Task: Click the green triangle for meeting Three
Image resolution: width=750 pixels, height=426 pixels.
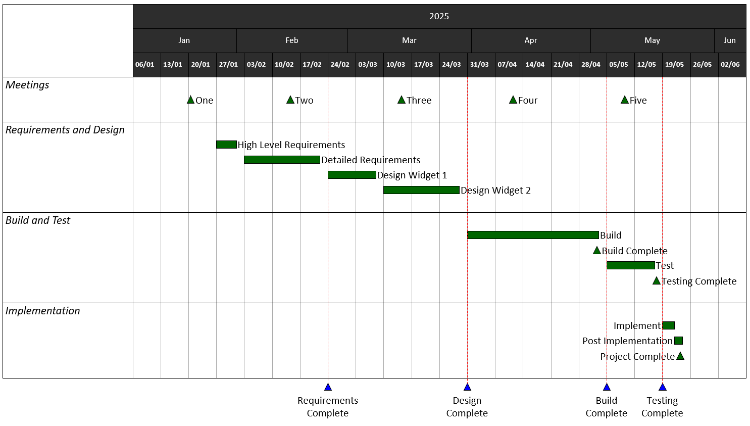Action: click(402, 100)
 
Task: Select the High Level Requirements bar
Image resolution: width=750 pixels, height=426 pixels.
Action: click(226, 145)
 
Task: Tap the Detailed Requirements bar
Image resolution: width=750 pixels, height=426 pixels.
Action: click(282, 160)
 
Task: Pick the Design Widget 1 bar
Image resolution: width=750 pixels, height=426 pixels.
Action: click(352, 175)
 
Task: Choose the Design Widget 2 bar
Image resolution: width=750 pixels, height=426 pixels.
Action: click(421, 190)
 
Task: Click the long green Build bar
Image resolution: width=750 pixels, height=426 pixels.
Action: click(533, 235)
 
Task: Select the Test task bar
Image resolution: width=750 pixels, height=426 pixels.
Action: click(630, 265)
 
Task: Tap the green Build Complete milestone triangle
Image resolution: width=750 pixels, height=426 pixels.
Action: click(597, 251)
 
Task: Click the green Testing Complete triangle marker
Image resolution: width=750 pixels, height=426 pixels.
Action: click(657, 281)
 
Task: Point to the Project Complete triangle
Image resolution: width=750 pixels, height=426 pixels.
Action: click(680, 356)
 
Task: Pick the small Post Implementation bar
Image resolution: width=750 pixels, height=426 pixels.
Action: click(678, 341)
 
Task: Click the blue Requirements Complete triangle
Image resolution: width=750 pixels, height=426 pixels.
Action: click(328, 388)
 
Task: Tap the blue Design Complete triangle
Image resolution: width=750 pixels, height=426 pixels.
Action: click(467, 388)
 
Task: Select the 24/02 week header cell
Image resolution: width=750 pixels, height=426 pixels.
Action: click(340, 65)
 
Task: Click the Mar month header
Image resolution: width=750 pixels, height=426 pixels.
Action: click(409, 40)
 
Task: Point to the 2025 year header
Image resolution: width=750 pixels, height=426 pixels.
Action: click(439, 16)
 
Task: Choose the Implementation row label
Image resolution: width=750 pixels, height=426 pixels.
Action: click(43, 311)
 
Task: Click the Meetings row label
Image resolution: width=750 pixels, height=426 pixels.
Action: click(27, 85)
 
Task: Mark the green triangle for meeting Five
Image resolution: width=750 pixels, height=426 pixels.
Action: click(625, 100)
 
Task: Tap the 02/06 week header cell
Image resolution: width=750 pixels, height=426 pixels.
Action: click(730, 65)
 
